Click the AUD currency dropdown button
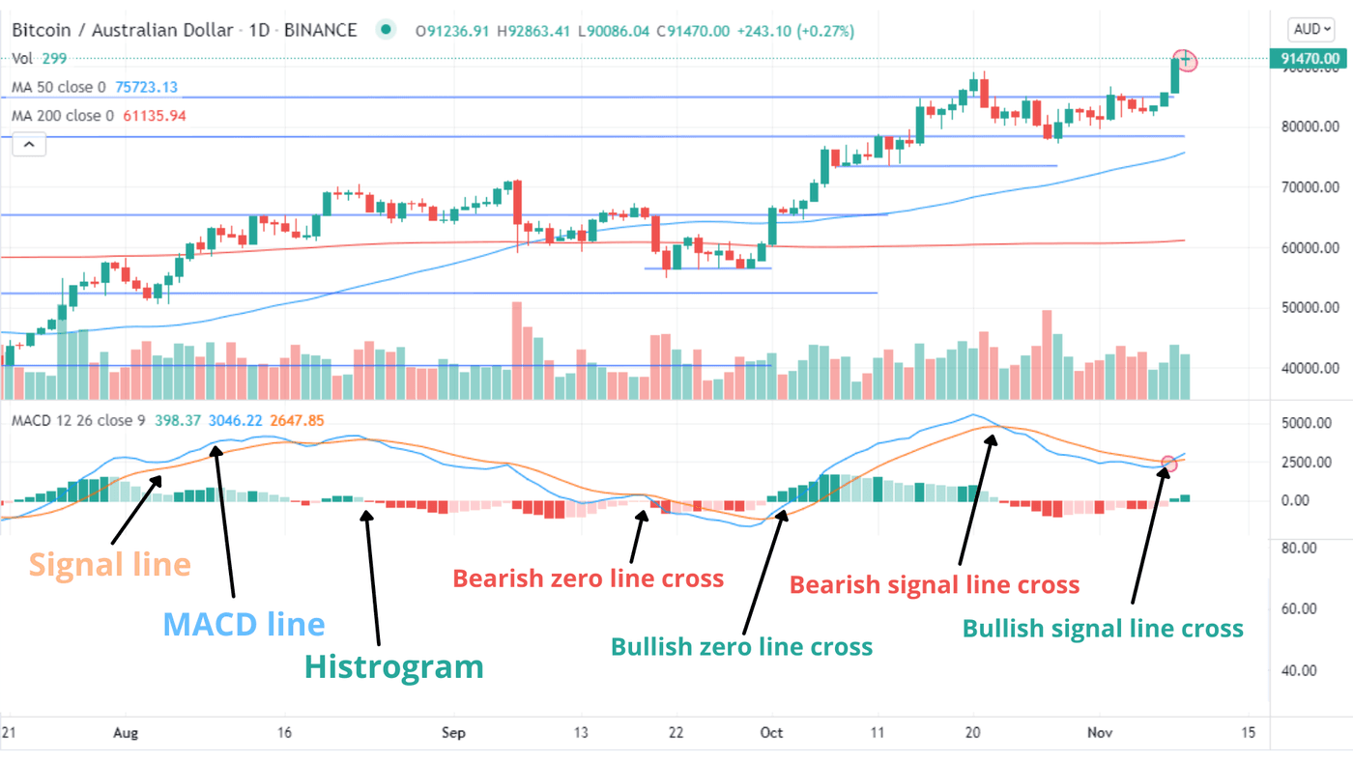pos(1310,29)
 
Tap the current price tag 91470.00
pos(1310,59)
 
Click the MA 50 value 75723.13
pos(146,88)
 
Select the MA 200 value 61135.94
pos(150,116)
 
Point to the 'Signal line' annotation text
pos(109,564)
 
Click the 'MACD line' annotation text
pos(244,624)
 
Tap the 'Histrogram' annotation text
pos(393,666)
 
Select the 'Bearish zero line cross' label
pos(588,578)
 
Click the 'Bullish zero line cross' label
pos(741,646)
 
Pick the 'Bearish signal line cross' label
pos(934,584)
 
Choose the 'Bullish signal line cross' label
pos(1102,629)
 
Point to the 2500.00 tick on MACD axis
pos(1309,463)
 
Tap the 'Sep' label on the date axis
pos(453,733)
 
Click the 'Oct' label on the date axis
pos(770,733)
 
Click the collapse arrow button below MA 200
pos(28,146)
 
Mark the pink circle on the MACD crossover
pos(1169,465)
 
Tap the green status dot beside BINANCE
pos(387,31)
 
